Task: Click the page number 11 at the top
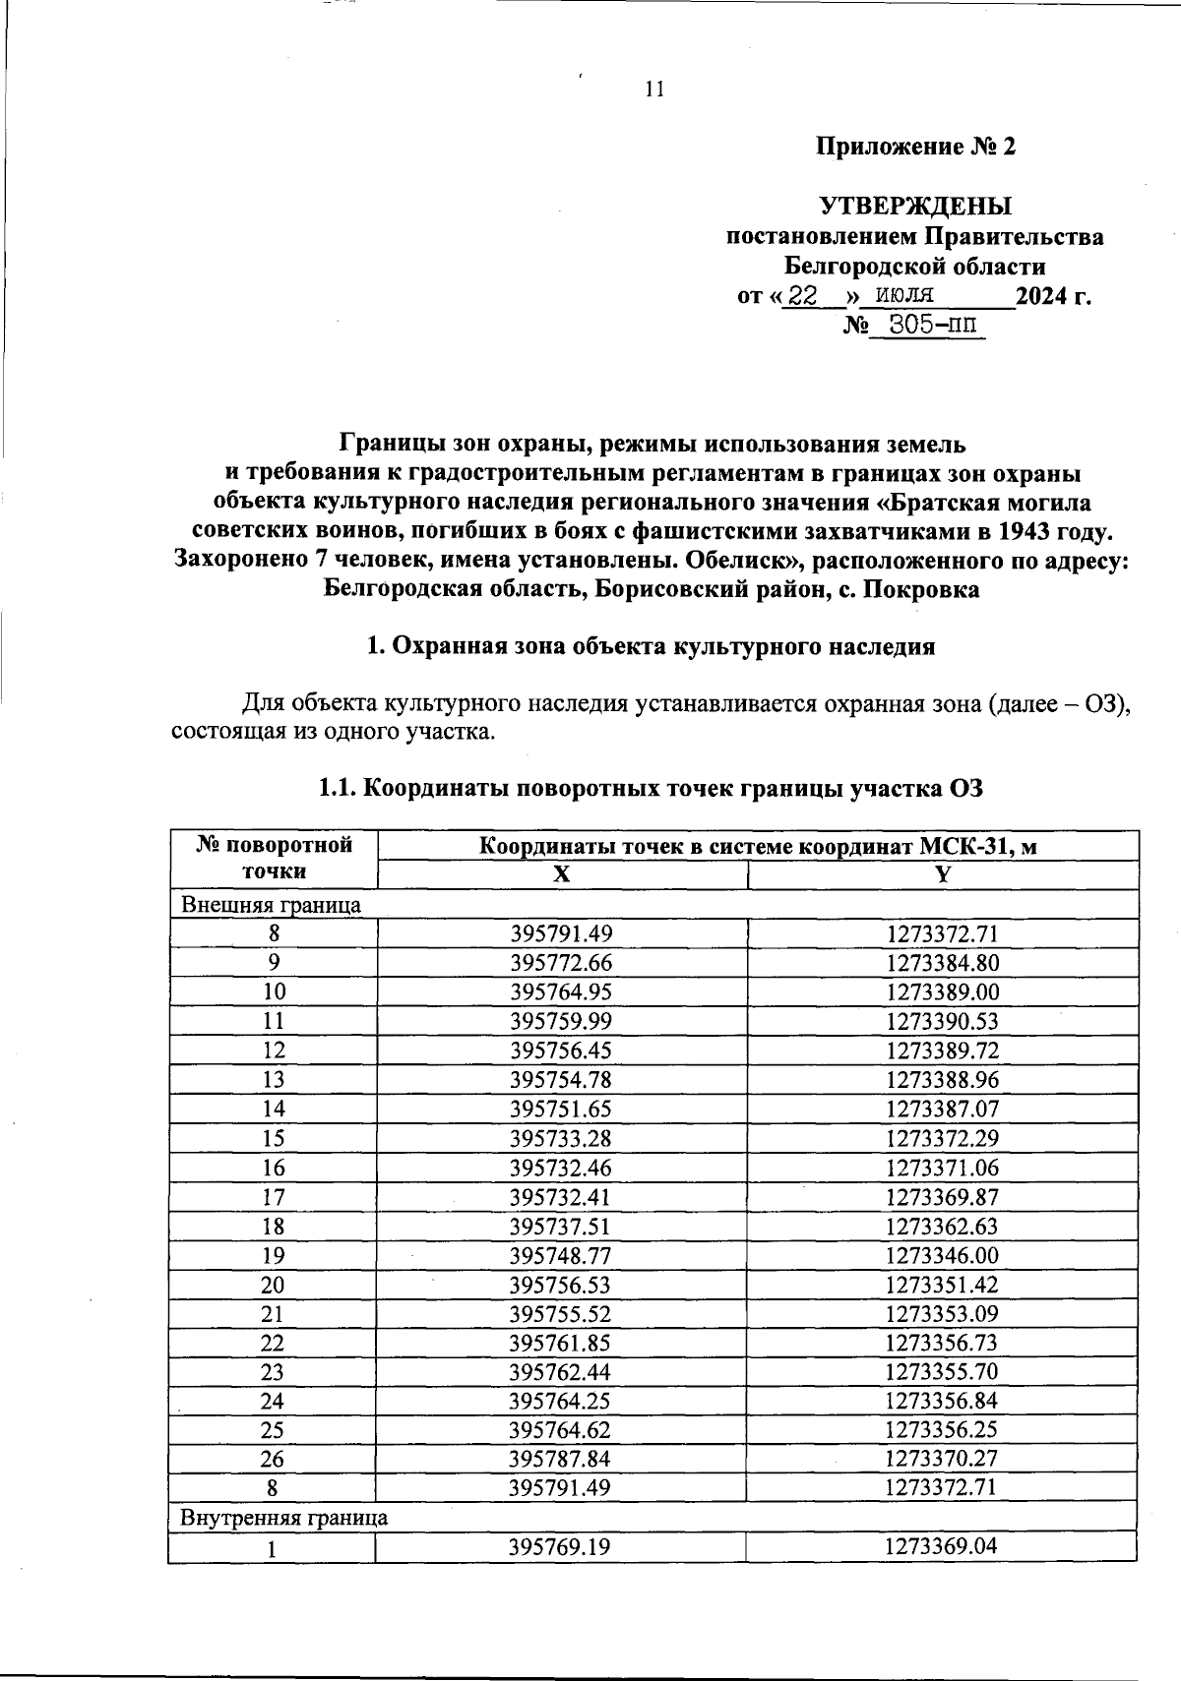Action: pyautogui.click(x=654, y=90)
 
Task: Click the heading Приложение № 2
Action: pyautogui.click(x=915, y=148)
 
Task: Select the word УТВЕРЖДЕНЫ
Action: pyautogui.click(x=915, y=207)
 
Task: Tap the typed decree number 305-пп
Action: pyautogui.click(x=926, y=326)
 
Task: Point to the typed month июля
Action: pyautogui.click(x=904, y=295)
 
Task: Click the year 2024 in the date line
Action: pyautogui.click(x=1041, y=296)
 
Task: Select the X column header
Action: pyautogui.click(x=561, y=875)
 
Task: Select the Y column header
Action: pyautogui.click(x=942, y=875)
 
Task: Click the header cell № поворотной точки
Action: pyautogui.click(x=273, y=858)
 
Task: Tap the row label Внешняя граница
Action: pyautogui.click(x=269, y=904)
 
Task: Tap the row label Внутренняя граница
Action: pyautogui.click(x=282, y=1517)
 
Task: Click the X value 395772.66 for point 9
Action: pyautogui.click(x=560, y=962)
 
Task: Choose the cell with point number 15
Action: pyautogui.click(x=273, y=1138)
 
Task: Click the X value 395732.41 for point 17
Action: pyautogui.click(x=560, y=1197)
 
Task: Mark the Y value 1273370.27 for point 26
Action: pyautogui.click(x=942, y=1459)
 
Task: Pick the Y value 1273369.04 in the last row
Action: pyautogui.click(x=941, y=1546)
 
